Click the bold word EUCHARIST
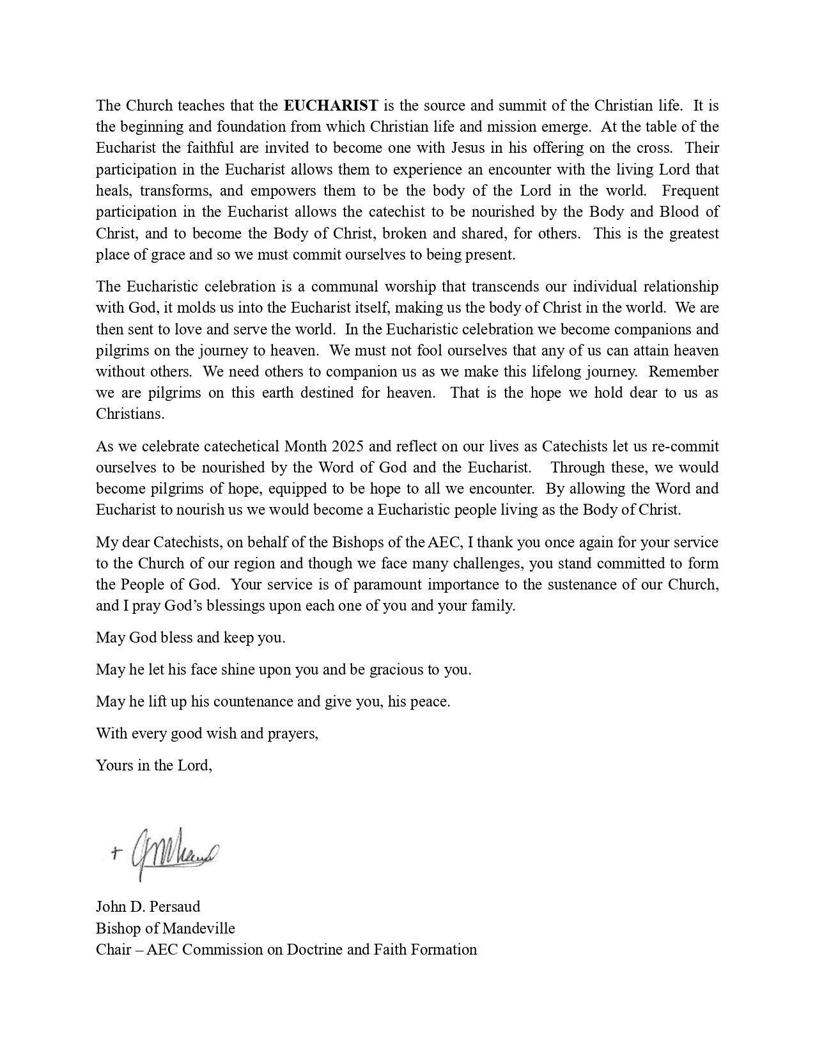331,105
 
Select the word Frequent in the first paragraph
690,191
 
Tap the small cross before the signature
116,852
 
